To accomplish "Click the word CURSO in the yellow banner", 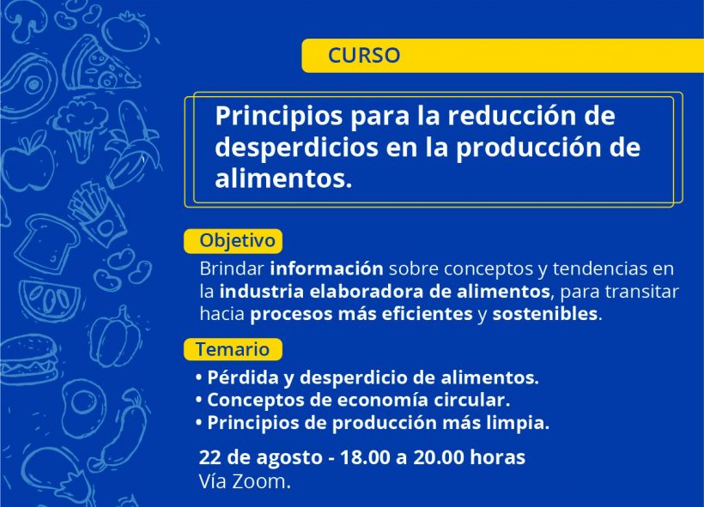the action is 364,55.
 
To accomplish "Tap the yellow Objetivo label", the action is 233,241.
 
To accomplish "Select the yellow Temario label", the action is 233,349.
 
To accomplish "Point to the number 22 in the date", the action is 209,457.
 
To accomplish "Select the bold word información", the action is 326,269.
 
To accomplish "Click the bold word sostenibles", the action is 544,314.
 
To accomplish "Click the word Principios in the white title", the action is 278,116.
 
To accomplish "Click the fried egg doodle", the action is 84,406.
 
